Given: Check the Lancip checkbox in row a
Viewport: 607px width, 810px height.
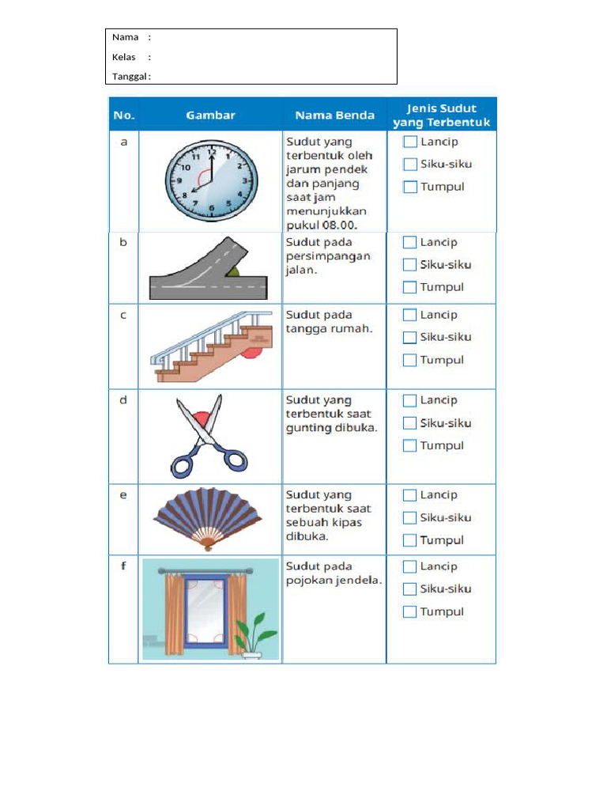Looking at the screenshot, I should pos(409,142).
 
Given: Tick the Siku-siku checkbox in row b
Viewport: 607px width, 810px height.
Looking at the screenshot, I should pos(409,264).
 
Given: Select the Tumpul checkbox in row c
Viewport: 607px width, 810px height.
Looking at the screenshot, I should pos(409,360).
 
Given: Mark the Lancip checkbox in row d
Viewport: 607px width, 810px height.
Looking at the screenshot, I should pos(409,400).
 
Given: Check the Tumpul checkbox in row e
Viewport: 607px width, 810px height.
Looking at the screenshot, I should pos(409,540).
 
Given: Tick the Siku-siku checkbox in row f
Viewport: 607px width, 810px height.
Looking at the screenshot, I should pos(409,589).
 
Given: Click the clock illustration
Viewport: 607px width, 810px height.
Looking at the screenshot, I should pos(210,181).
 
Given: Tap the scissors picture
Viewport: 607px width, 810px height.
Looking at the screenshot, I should pos(207,437).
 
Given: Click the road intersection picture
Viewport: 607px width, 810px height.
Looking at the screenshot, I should pos(209,270).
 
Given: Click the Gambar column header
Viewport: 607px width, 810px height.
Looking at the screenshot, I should pos(210,115).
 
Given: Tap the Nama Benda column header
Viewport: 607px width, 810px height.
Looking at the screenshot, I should pos(334,115).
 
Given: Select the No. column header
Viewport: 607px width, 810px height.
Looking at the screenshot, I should pos(124,115).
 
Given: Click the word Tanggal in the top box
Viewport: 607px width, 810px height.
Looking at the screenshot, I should pos(129,77).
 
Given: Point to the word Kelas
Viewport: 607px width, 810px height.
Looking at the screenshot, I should pos(124,57).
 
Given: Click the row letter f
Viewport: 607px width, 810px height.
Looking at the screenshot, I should pos(123,566).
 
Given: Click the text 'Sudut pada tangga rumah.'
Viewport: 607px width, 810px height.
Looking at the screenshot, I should pos(328,321).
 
